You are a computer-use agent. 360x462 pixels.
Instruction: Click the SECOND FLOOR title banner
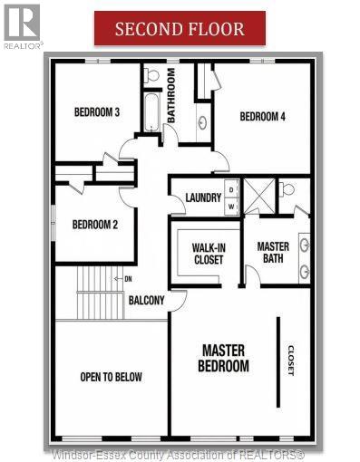click(x=180, y=28)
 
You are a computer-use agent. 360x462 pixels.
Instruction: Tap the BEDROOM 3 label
click(x=97, y=112)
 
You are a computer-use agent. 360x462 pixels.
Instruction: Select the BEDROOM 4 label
click(x=262, y=116)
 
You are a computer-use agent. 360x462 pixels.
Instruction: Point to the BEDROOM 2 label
click(x=96, y=225)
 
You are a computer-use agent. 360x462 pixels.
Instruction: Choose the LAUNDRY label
click(x=203, y=198)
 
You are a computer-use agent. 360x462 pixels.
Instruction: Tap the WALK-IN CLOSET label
click(x=208, y=253)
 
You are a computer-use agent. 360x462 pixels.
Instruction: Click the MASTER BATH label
click(x=273, y=253)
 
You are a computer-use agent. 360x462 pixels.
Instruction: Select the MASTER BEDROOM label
click(x=224, y=358)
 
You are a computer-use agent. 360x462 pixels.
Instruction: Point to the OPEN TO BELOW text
click(x=111, y=377)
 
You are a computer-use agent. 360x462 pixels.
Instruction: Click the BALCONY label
click(x=146, y=301)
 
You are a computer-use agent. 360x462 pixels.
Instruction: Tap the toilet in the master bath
click(x=287, y=190)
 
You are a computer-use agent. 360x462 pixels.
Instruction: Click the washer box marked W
click(x=231, y=206)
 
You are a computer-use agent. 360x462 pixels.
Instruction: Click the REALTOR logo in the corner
click(x=22, y=25)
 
